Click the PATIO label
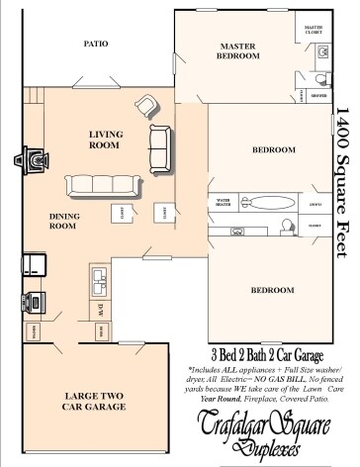pyautogui.click(x=96, y=45)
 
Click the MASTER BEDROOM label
pyautogui.click(x=238, y=51)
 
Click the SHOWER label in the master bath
pyautogui.click(x=318, y=95)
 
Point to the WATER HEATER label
pyautogui.click(x=223, y=202)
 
